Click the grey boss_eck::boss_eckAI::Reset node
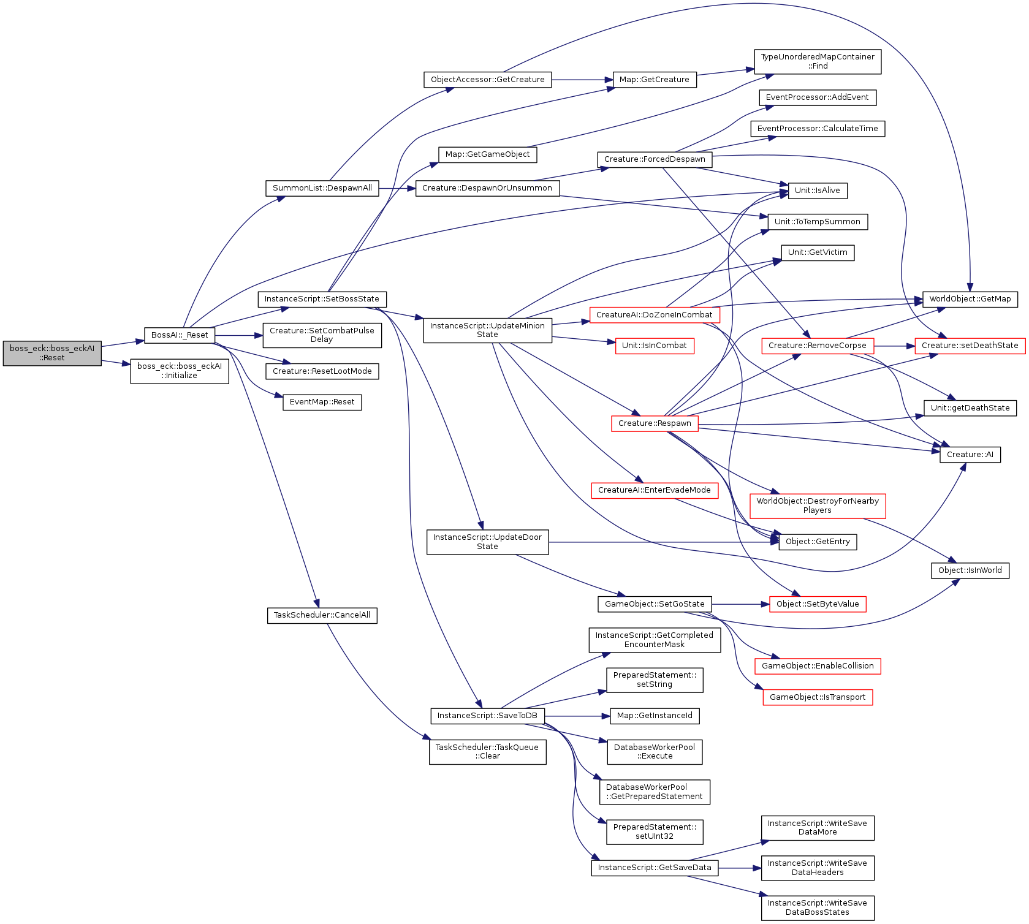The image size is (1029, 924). click(x=52, y=353)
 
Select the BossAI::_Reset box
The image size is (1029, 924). click(x=180, y=335)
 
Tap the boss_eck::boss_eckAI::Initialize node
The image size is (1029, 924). click(x=180, y=371)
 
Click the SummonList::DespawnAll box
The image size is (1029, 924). click(x=322, y=188)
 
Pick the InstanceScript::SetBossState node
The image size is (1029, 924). click(x=322, y=299)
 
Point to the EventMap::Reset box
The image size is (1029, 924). click(x=322, y=402)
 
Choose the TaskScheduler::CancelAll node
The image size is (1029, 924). click(x=322, y=615)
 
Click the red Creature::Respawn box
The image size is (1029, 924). click(x=655, y=423)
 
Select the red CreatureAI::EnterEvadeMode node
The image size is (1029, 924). click(x=655, y=490)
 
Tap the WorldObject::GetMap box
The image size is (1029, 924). click(x=970, y=299)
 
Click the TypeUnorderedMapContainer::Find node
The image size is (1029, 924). click(x=818, y=61)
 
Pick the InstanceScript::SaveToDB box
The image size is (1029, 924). click(x=487, y=716)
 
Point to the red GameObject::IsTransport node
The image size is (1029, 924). click(x=818, y=697)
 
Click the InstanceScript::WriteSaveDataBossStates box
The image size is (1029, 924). click(x=818, y=907)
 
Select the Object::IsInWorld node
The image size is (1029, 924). click(x=970, y=570)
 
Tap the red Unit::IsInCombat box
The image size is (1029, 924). click(x=655, y=346)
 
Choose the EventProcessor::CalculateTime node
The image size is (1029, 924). click(x=818, y=129)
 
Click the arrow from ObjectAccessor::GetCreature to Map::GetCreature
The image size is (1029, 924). click(x=583, y=80)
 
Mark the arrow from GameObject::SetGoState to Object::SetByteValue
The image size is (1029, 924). click(x=741, y=604)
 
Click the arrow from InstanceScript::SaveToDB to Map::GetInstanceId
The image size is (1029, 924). click(x=577, y=716)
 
